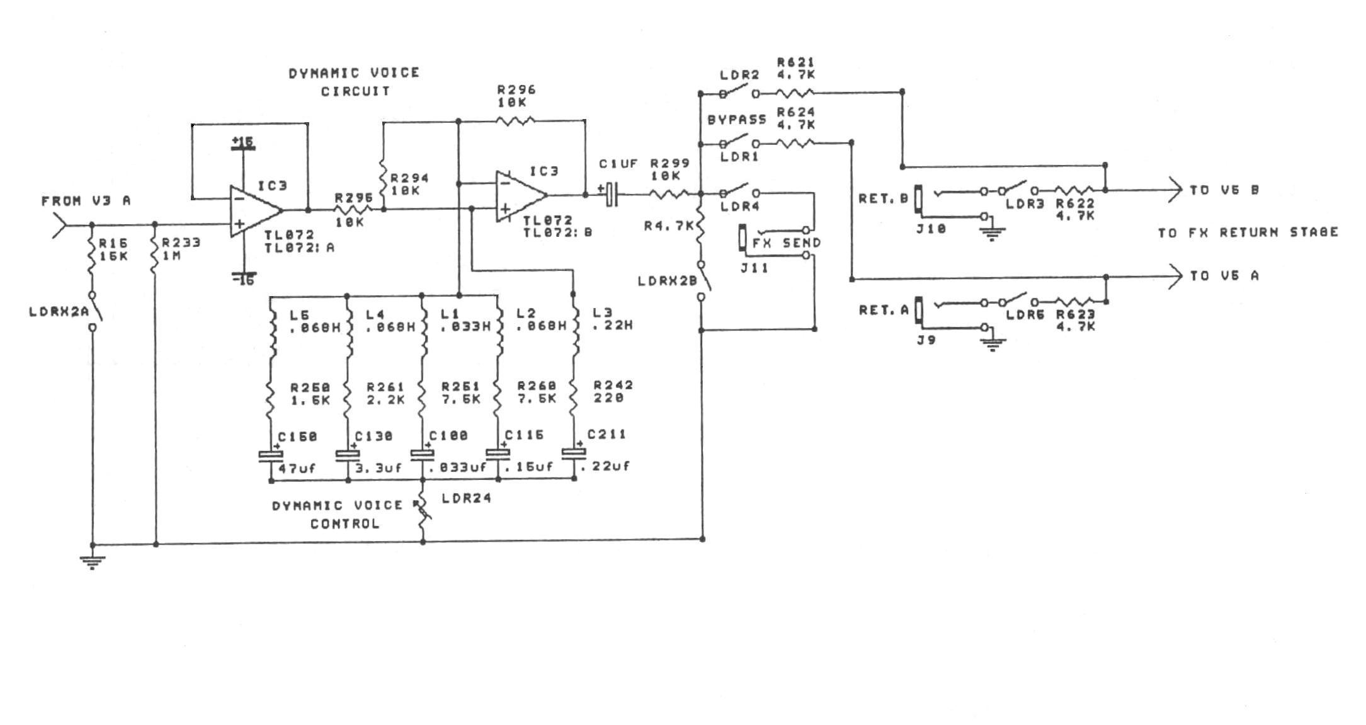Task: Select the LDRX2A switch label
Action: [x=59, y=311]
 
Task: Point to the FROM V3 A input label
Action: [x=86, y=201]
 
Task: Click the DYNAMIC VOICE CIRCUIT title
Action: [x=355, y=82]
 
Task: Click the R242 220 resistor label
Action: [x=613, y=391]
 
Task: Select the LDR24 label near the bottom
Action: [x=466, y=498]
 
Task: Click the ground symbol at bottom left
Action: [x=93, y=561]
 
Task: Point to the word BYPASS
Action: [x=737, y=119]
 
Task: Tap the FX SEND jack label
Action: [x=787, y=243]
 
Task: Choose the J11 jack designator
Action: [x=754, y=268]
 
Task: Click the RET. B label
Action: [x=884, y=198]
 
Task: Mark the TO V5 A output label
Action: [x=1224, y=276]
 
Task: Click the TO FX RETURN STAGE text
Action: [x=1248, y=232]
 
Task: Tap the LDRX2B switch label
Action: [x=668, y=281]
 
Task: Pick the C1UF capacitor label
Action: [x=618, y=164]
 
